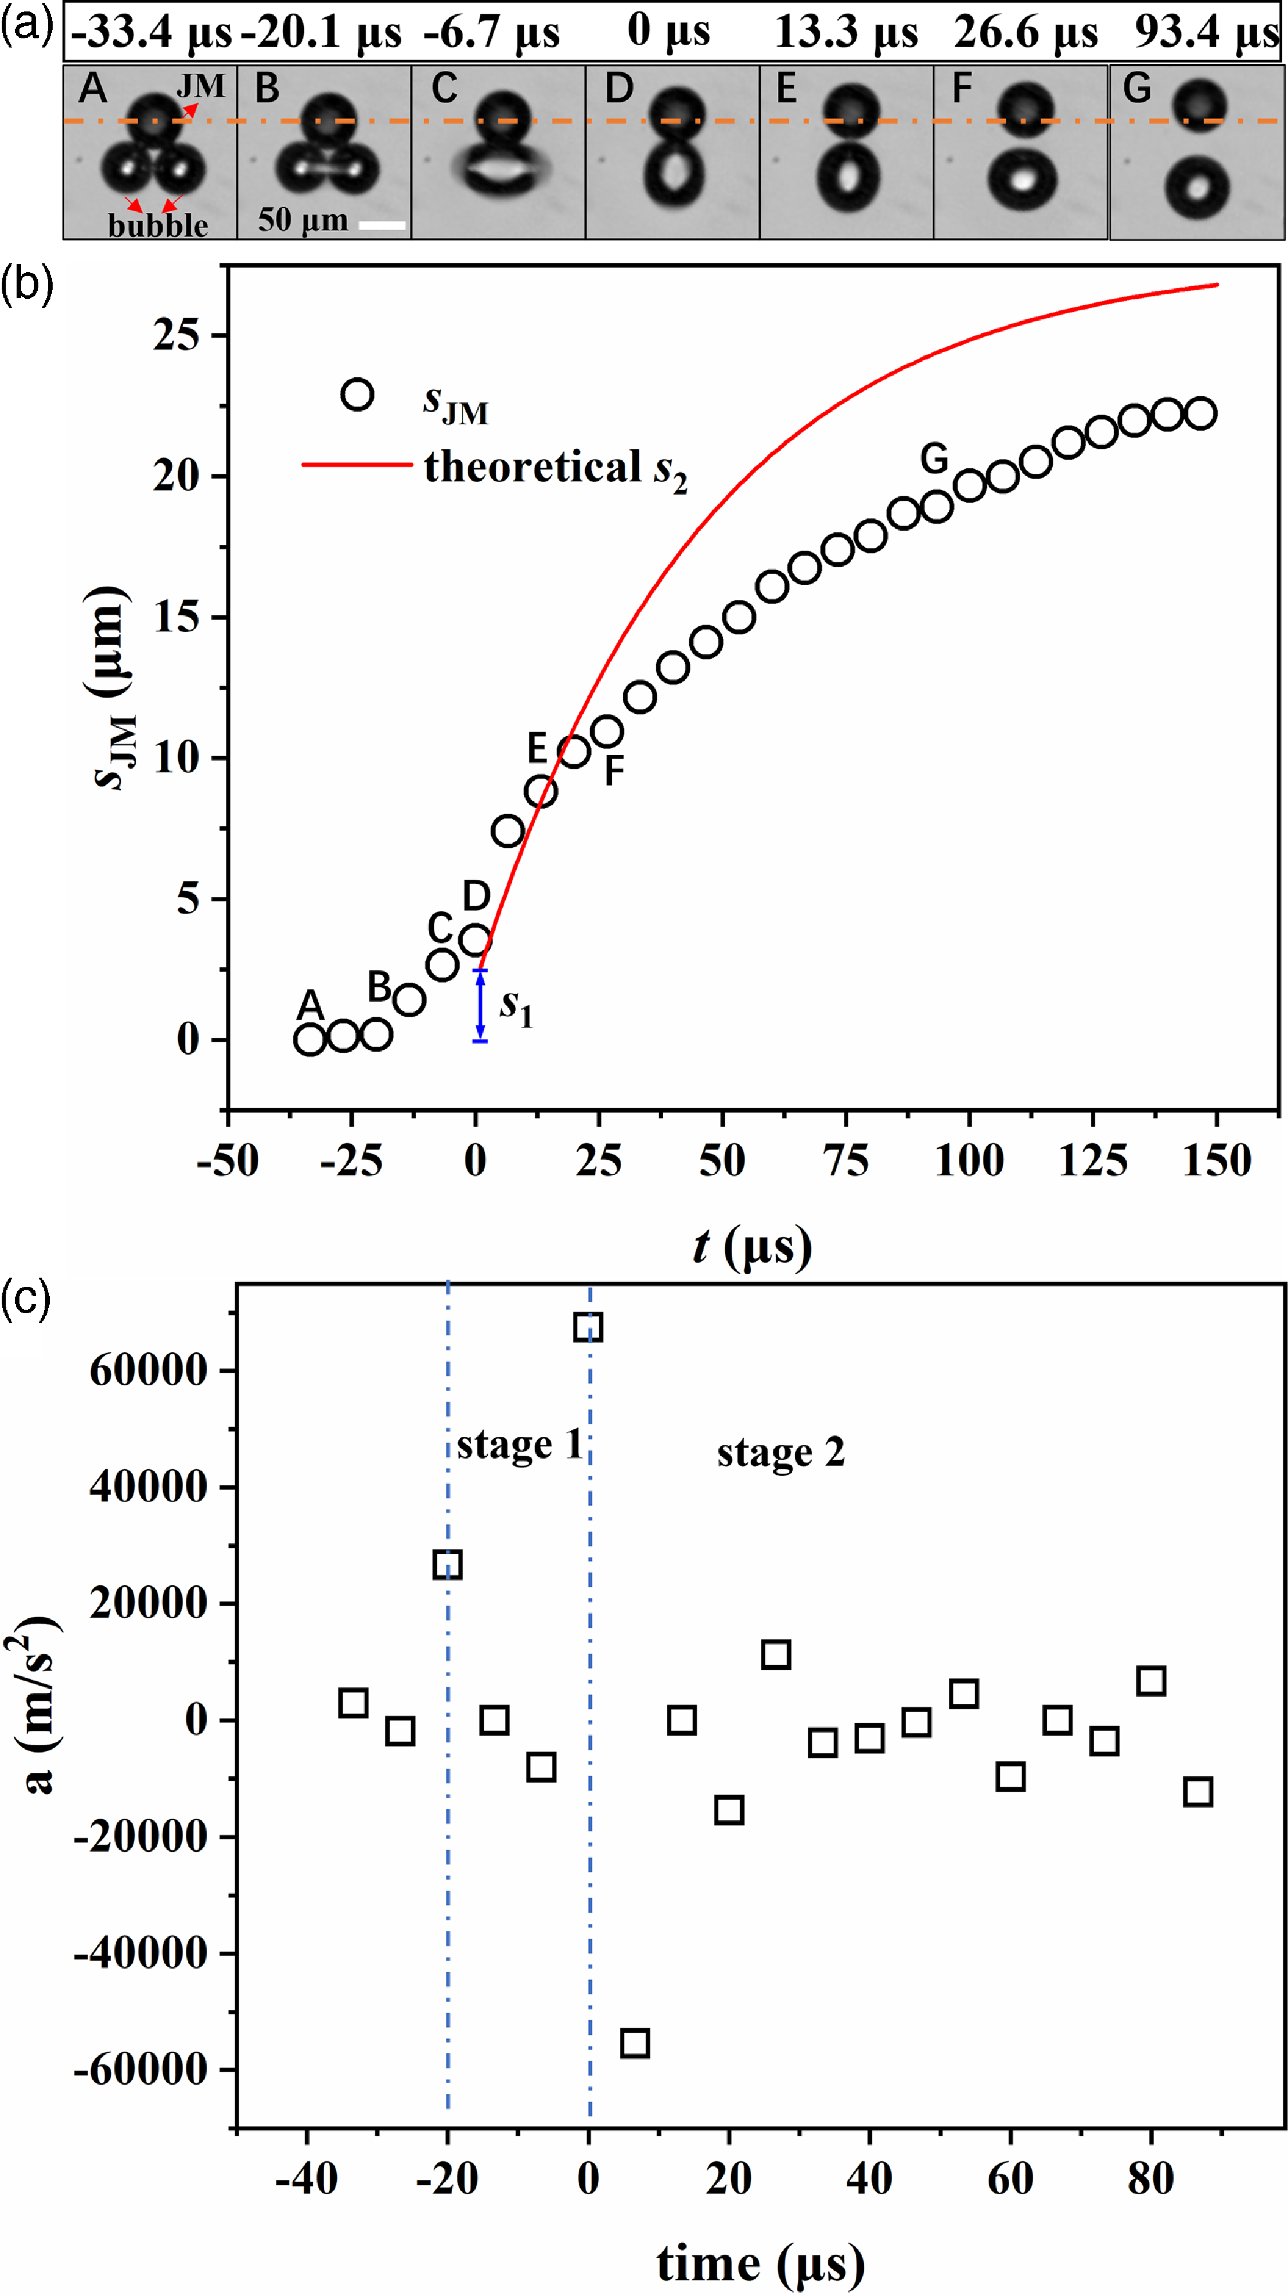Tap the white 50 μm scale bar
(382, 226)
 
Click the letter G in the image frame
(1136, 88)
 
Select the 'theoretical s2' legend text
(555, 469)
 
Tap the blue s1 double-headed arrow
(480, 1005)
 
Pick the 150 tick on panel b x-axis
(1216, 1160)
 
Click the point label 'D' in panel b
(477, 896)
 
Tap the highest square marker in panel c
(588, 1327)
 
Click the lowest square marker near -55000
(635, 2043)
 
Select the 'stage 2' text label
(781, 1454)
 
